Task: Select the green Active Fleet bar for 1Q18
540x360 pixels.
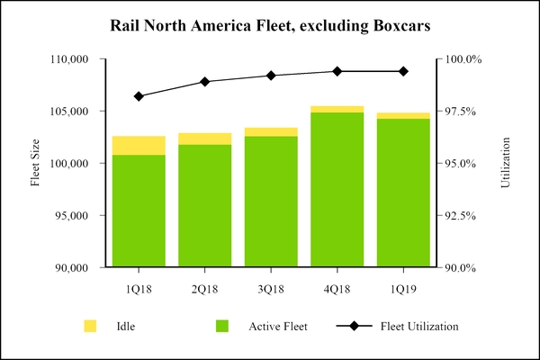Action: click(139, 211)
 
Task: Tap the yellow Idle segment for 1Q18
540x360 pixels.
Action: click(139, 146)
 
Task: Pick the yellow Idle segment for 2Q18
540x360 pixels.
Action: click(205, 139)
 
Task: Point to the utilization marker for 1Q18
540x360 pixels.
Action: click(139, 96)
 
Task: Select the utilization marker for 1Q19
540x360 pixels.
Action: click(403, 71)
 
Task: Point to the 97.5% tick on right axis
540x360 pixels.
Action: click(464, 112)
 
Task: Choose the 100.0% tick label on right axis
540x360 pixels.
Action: click(464, 59)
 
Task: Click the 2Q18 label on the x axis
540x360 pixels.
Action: click(205, 289)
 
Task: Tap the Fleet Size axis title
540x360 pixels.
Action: click(36, 164)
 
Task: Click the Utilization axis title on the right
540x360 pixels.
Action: click(506, 164)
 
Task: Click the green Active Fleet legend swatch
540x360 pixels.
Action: click(221, 326)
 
